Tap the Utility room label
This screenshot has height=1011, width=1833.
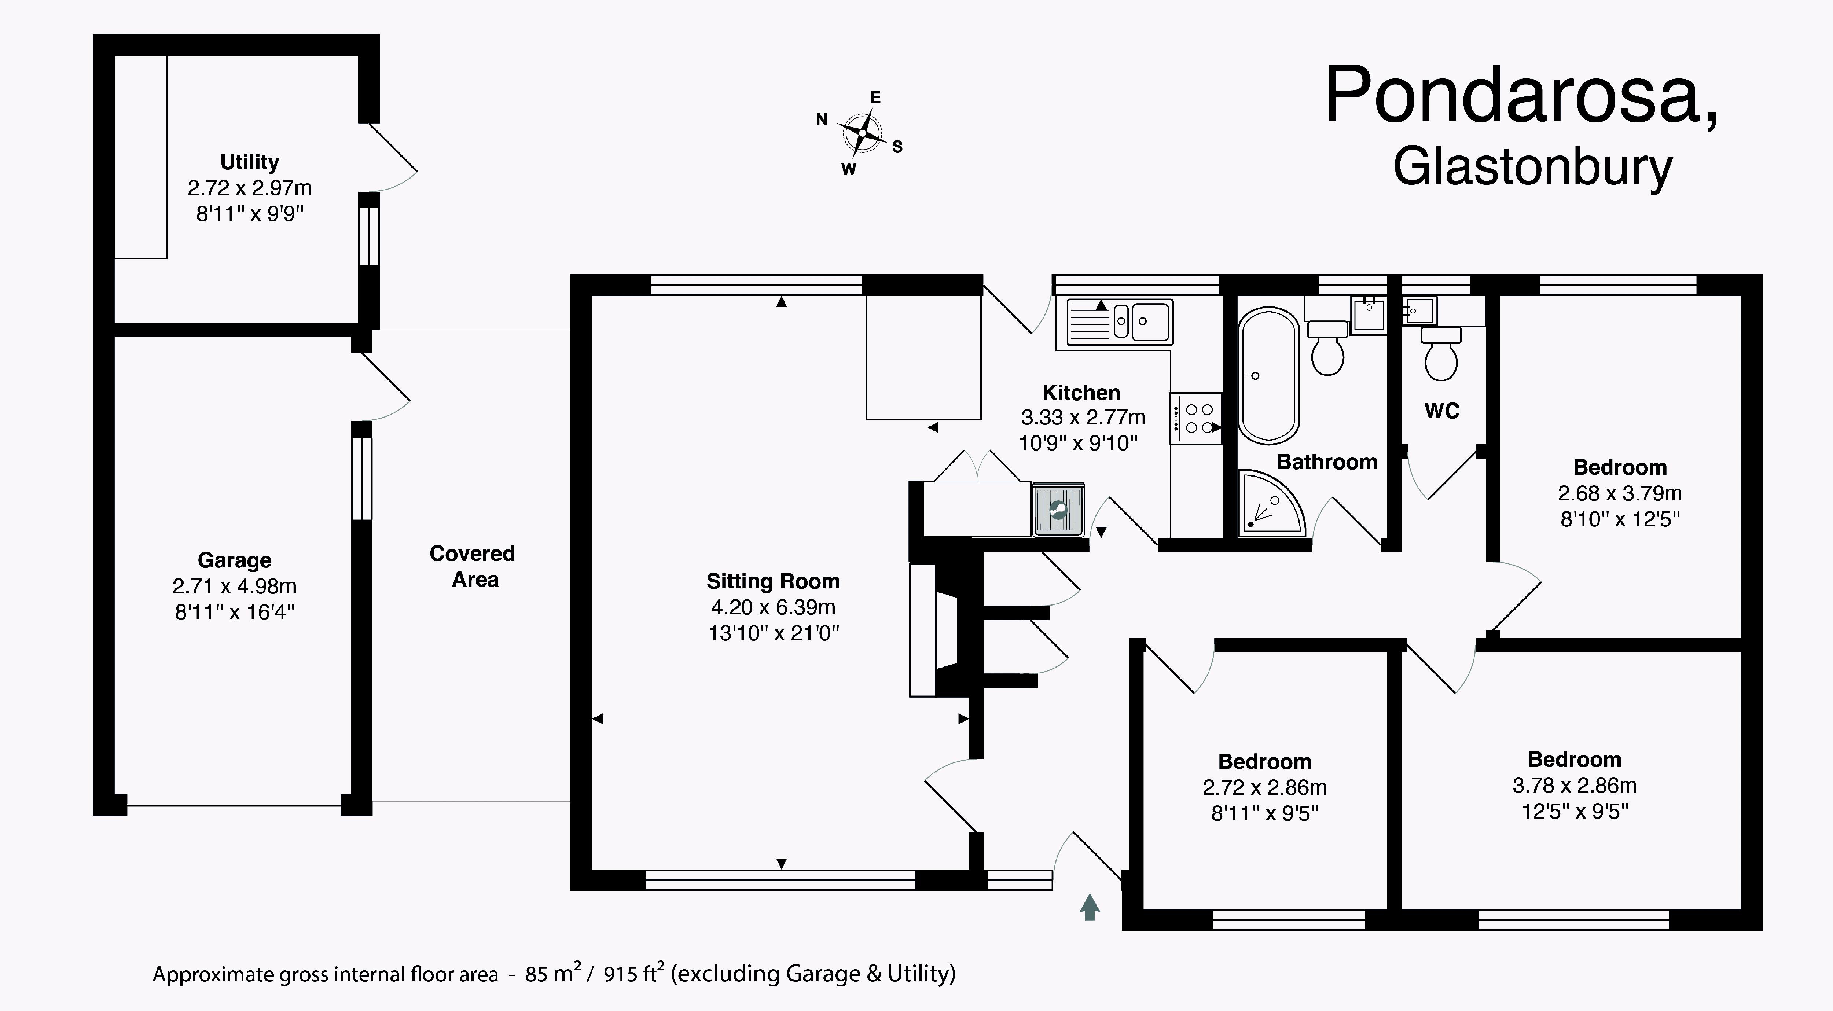click(x=249, y=162)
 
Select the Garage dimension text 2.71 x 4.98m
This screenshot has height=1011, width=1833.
click(x=234, y=586)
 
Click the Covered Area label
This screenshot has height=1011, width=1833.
click(x=473, y=566)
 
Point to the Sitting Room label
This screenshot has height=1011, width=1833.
click(x=773, y=581)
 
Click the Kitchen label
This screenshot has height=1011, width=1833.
click(x=1081, y=393)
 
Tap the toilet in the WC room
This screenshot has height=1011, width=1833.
click(x=1441, y=354)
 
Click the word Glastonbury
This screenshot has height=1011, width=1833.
click(x=1532, y=169)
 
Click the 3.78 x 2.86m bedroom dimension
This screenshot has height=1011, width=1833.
click(x=1575, y=786)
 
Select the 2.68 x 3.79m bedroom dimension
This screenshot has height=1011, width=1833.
click(x=1620, y=493)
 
